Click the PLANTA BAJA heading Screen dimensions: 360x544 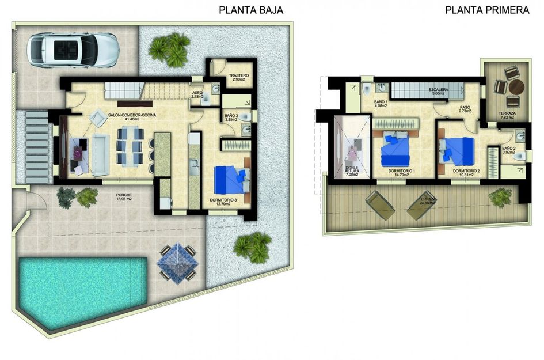pos(251,10)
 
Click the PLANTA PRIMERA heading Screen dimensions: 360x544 pos(487,10)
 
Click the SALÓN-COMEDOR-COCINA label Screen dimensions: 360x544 pos(132,115)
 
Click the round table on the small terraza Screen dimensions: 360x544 pos(517,86)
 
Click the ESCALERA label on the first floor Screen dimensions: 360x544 pos(439,91)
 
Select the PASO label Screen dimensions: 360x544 pos(465,107)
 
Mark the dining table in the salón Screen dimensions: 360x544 pos(130,145)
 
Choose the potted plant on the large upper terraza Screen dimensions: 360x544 pos(500,198)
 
